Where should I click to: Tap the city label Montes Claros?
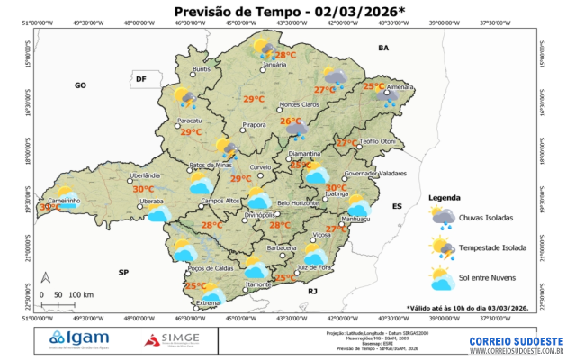coord(300,105)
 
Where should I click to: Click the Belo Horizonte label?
coord(299,203)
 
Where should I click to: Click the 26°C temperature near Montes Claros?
coord(290,121)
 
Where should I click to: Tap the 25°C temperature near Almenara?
coord(373,86)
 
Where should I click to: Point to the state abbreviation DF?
coord(140,79)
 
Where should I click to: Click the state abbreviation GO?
coord(79,85)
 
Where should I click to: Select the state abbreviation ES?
coord(396,206)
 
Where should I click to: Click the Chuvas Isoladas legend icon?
coord(442,216)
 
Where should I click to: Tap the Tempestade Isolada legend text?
coord(493,247)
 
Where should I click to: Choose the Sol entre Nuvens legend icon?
coord(442,279)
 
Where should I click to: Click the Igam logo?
coord(86,339)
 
